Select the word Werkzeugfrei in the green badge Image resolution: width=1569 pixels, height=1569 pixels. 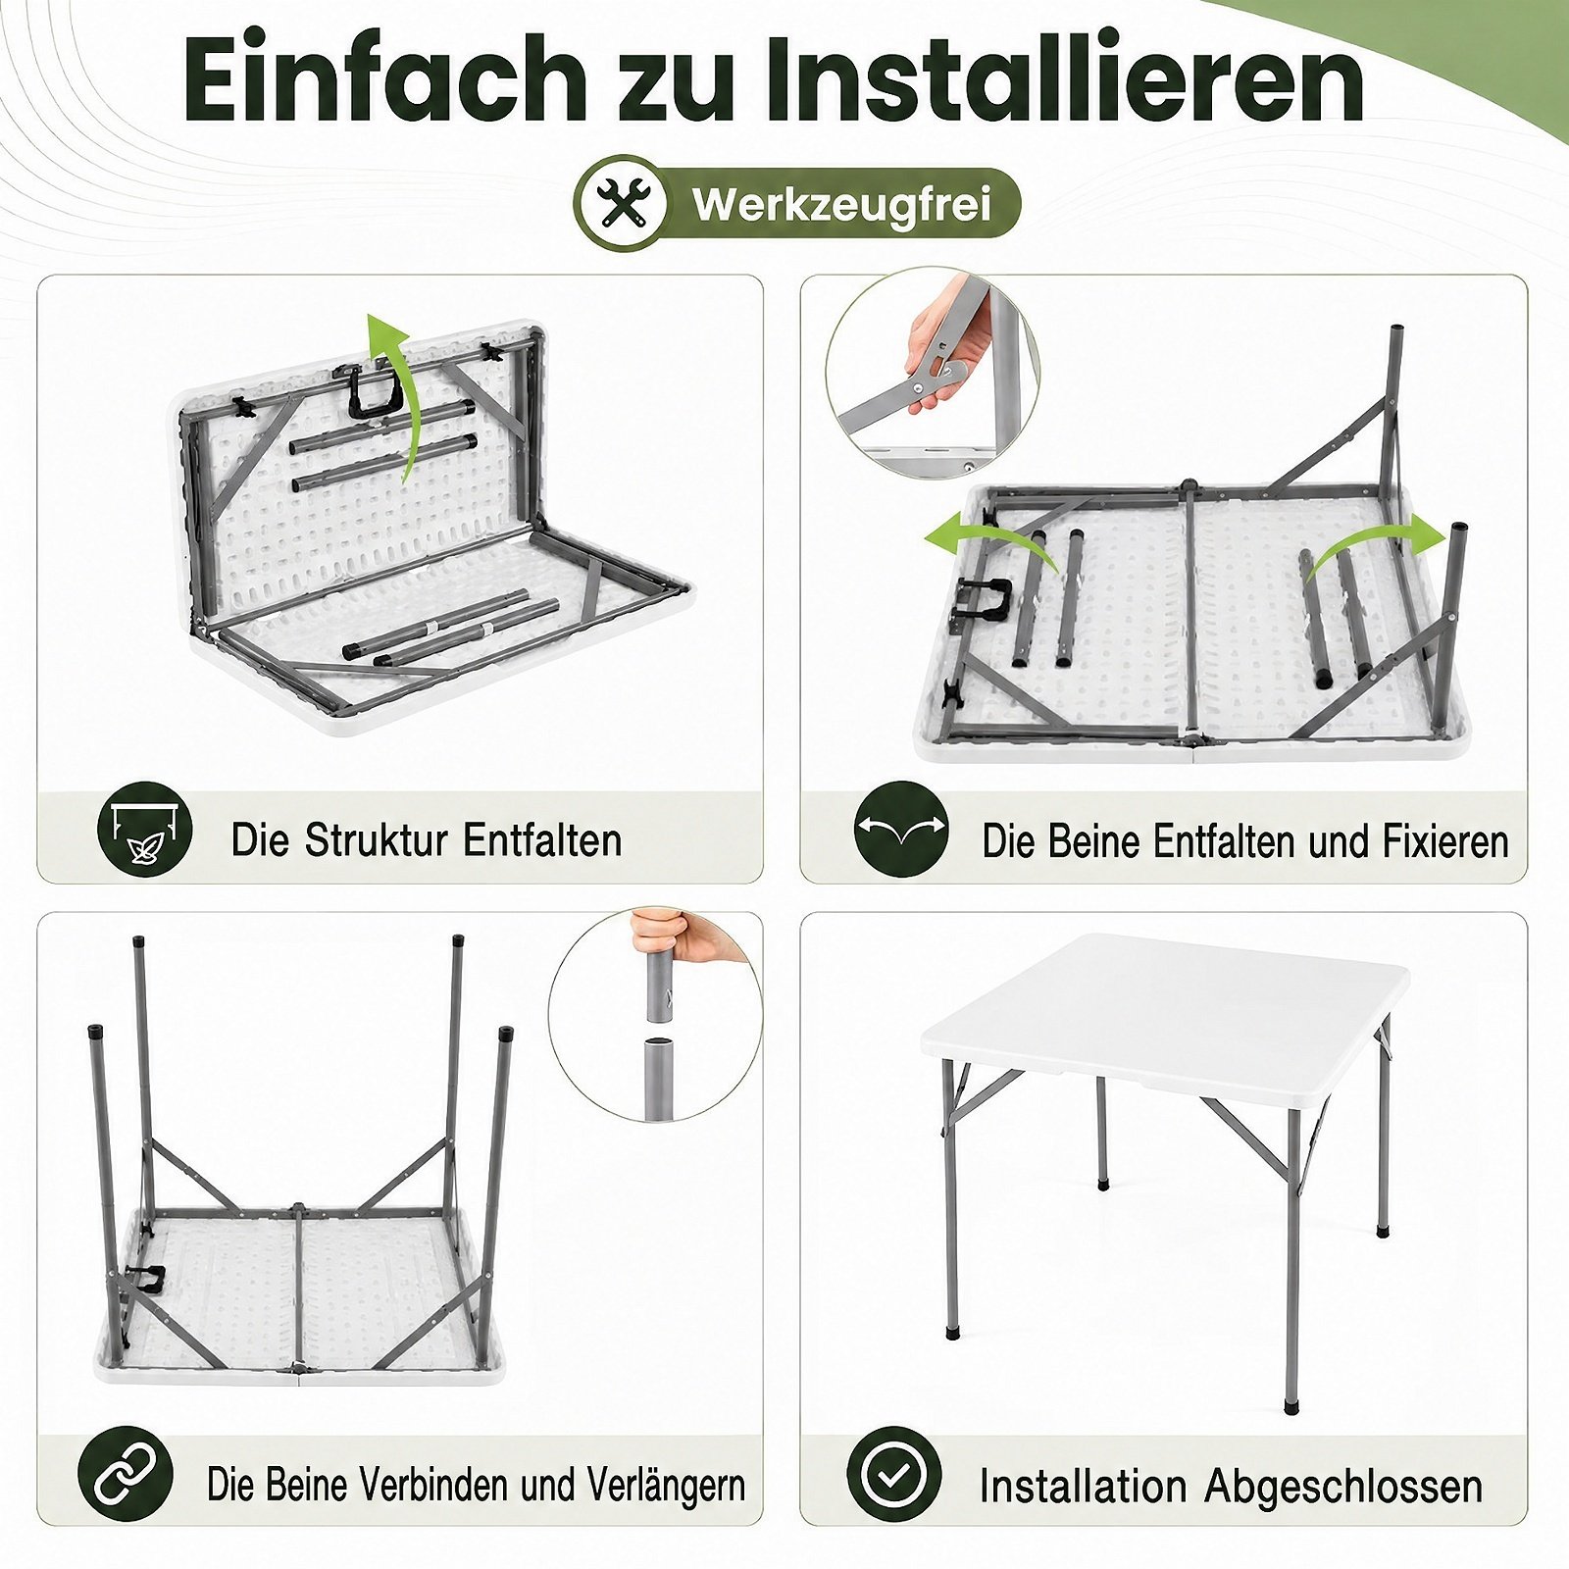[841, 204]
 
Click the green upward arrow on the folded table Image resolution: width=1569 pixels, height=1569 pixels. [391, 392]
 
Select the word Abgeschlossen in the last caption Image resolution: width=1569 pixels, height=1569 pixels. [1343, 1486]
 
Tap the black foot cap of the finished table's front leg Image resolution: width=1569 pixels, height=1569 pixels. [1291, 1406]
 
